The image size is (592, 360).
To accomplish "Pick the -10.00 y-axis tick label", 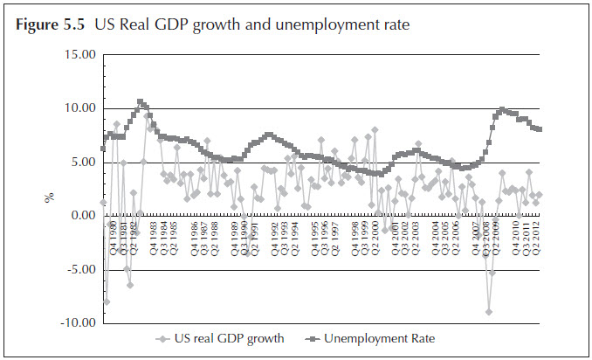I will coord(76,323).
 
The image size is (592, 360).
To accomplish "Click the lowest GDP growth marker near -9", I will coord(489,311).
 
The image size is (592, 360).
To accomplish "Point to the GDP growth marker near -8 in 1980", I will coord(107,301).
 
